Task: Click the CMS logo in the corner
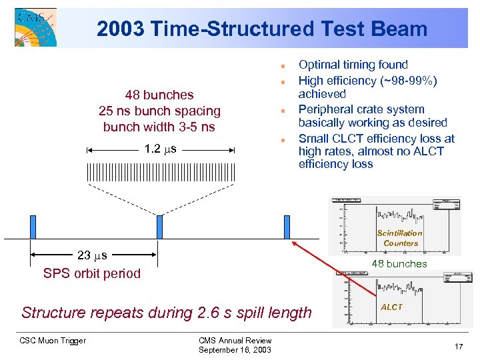(35, 27)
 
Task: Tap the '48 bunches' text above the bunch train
(159, 95)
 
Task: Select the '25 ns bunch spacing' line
(159, 111)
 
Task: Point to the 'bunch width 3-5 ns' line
(159, 127)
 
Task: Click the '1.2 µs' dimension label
(160, 149)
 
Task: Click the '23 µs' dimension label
(92, 255)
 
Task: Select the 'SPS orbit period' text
(92, 273)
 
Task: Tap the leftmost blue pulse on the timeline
(32, 227)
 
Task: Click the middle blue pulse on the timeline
(159, 227)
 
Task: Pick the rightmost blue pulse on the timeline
(287, 227)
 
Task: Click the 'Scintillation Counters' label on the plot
(399, 238)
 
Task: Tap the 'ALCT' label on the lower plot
(391, 307)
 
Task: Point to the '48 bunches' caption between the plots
(399, 263)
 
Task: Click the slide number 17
(458, 346)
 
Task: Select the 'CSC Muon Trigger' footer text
(53, 341)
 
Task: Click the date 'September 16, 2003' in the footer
(235, 350)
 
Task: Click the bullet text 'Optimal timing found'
(353, 65)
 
